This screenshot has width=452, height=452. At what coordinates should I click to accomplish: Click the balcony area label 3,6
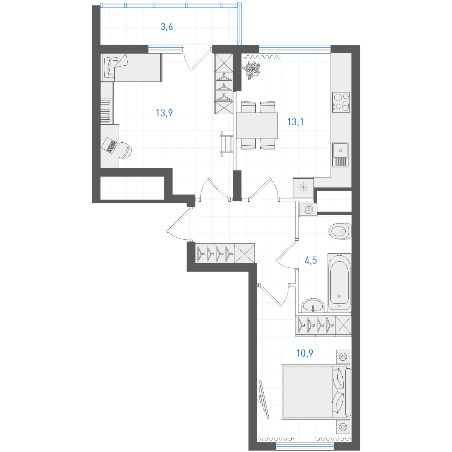167,27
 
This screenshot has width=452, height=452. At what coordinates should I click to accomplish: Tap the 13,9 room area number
164,113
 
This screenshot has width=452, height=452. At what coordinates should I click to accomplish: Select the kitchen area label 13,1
295,122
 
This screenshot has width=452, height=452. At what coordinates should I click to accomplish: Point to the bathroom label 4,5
311,260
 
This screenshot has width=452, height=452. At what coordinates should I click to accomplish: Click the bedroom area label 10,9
305,353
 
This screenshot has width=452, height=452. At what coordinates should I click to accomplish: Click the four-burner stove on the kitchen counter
341,102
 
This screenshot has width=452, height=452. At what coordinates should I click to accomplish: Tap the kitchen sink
340,154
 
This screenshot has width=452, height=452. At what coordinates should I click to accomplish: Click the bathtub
339,282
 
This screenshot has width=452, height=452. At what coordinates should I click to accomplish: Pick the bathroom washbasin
313,306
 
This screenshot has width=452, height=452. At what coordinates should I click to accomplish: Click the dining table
257,126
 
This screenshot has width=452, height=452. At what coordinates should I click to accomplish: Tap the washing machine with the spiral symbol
308,210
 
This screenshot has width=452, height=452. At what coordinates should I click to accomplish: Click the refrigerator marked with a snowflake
303,187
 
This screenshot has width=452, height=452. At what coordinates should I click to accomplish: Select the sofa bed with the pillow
131,67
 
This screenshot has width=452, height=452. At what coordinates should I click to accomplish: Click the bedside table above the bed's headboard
343,357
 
